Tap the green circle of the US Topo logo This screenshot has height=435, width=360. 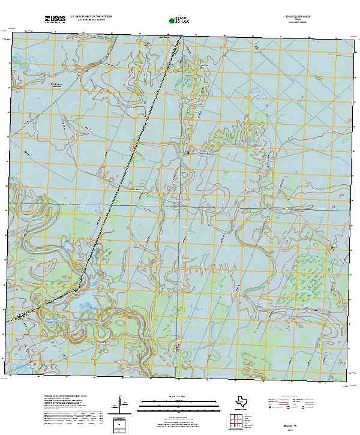(x=173, y=22)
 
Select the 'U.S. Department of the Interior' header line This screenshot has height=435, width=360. (x=95, y=18)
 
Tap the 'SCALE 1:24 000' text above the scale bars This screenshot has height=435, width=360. (x=176, y=397)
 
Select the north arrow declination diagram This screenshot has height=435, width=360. (x=121, y=403)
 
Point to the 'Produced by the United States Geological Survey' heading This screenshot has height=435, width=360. (x=66, y=397)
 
